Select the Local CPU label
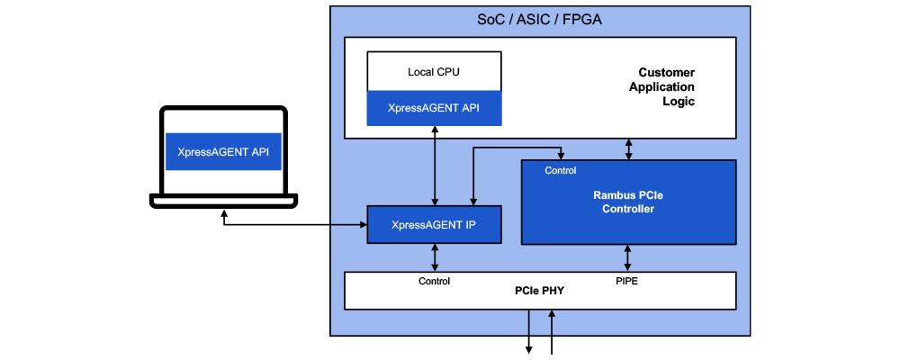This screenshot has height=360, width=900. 434,71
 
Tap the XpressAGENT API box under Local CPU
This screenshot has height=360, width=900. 434,108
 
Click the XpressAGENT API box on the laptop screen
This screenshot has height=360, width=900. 222,151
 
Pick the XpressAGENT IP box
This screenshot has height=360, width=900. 434,224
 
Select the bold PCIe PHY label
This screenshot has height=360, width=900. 540,292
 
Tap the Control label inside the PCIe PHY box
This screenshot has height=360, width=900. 435,281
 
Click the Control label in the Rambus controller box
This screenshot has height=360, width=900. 561,170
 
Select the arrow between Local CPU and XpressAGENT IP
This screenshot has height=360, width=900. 435,166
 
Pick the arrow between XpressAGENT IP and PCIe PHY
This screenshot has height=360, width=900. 436,257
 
